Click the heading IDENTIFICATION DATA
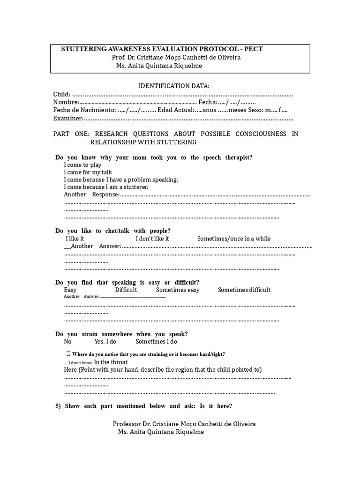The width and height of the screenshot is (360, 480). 173,86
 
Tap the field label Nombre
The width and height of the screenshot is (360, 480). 66,102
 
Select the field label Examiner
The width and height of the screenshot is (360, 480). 68,118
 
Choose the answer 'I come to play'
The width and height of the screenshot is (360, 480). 83,165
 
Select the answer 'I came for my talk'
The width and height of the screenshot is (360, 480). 88,172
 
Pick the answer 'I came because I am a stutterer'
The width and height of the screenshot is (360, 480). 106,187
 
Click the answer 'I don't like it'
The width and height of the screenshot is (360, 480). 152,239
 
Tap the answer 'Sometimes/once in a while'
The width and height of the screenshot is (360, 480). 233,239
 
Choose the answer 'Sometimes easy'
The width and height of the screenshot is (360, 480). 178,290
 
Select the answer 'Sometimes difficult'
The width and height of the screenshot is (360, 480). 244,290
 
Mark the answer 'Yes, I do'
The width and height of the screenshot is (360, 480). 105,342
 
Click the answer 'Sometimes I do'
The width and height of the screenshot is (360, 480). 157,342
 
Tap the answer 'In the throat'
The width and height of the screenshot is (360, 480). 111,362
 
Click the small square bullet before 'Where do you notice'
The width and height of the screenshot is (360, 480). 68,354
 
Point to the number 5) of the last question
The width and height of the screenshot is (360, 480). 59,406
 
